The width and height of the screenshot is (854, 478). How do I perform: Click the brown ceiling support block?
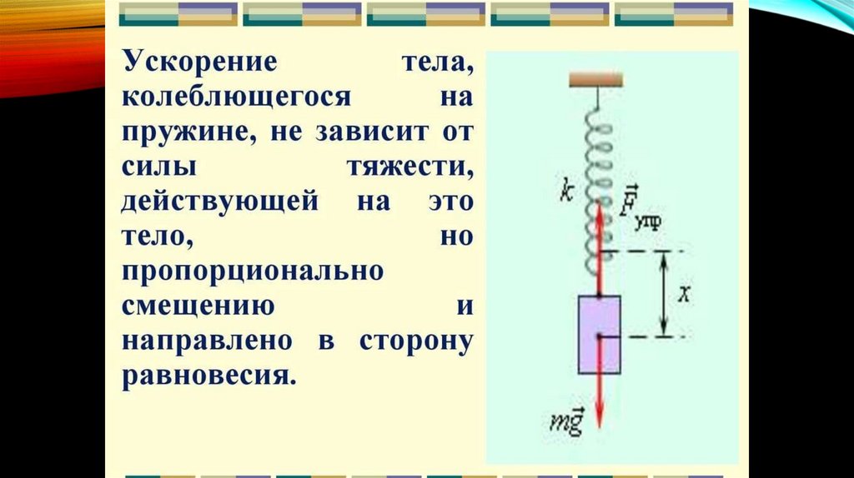coord(595,79)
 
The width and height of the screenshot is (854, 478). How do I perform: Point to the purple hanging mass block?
coord(600,333)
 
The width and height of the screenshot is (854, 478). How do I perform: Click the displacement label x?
coord(682,294)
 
